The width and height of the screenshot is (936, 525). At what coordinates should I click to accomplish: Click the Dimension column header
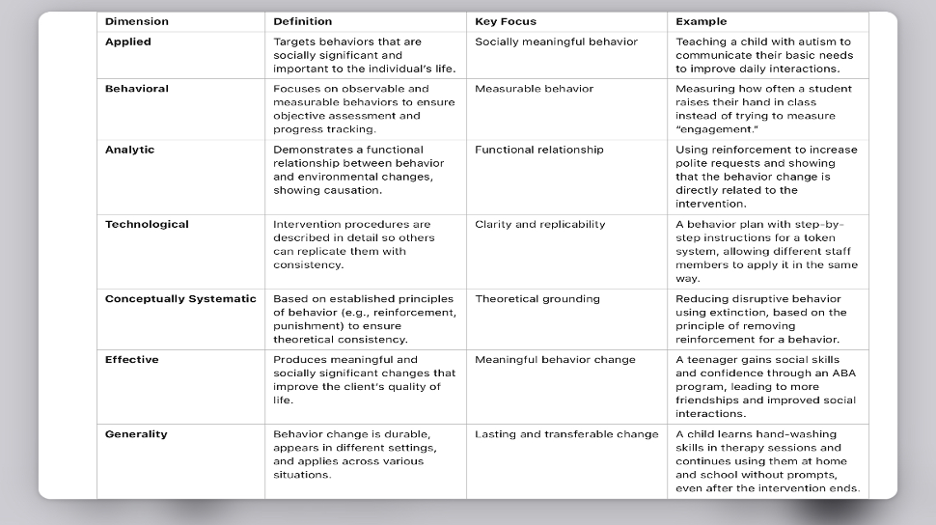[x=137, y=21]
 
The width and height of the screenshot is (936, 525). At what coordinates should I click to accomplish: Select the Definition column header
[x=302, y=21]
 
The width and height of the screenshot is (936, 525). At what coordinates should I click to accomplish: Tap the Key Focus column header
[x=506, y=21]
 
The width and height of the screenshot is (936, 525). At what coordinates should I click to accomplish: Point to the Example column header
[x=702, y=21]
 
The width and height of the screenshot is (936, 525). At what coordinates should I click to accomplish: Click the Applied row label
[x=128, y=41]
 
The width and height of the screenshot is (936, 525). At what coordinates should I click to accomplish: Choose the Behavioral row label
[x=137, y=89]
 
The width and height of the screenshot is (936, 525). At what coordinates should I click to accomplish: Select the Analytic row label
[x=129, y=150]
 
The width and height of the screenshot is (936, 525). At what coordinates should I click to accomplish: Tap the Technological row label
[x=147, y=224]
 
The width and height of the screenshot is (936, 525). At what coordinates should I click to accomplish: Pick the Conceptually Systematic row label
[x=180, y=299]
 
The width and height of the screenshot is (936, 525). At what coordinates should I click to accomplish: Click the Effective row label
[x=131, y=360]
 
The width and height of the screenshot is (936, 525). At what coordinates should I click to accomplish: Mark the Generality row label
[x=136, y=434]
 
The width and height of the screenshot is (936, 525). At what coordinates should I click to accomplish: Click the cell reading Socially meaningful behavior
[x=556, y=41]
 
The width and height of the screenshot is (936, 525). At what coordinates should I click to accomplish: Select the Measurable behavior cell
[x=534, y=89]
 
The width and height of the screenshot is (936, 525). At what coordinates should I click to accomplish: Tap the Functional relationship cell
[x=538, y=150]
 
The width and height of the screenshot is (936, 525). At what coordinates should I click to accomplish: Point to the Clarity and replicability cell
[x=539, y=224]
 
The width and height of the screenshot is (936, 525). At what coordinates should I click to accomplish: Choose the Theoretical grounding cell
[x=537, y=299]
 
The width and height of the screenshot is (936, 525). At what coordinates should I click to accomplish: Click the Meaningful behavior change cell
[x=555, y=360]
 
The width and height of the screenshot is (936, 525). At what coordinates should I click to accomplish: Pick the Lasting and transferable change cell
[x=566, y=434]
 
